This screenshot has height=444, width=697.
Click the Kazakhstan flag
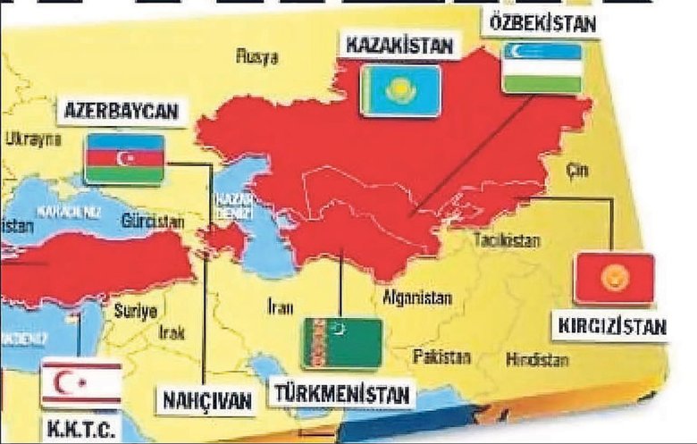pyautogui.click(x=399, y=90)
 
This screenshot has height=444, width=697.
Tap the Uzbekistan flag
pyautogui.click(x=542, y=67)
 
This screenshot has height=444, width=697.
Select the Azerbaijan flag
pyautogui.click(x=123, y=158)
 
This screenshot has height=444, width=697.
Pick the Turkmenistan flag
pyautogui.click(x=343, y=343)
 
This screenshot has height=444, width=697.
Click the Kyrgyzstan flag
pyautogui.click(x=614, y=279)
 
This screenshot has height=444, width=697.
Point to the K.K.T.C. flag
pyautogui.click(x=80, y=383)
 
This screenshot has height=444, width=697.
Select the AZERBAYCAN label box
pyautogui.click(x=122, y=113)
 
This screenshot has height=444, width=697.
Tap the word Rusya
pyautogui.click(x=256, y=56)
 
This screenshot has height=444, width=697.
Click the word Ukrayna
pyautogui.click(x=33, y=138)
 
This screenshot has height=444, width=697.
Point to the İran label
pyautogui.click(x=280, y=308)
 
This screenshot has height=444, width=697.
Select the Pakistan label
pyautogui.click(x=441, y=356)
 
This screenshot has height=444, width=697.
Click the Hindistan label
pyautogui.click(x=537, y=360)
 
